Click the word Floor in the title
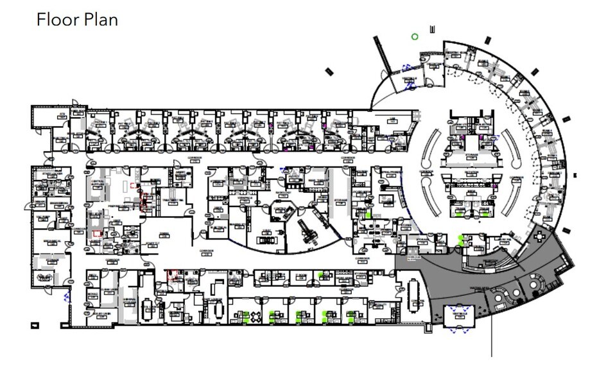click(x=56, y=19)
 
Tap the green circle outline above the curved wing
click(x=415, y=37)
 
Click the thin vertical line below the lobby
click(x=492, y=337)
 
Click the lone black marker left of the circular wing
click(x=330, y=71)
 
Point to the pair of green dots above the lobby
click(x=460, y=240)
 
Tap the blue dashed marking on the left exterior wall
click(x=66, y=296)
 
